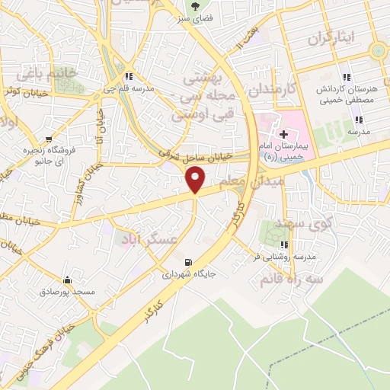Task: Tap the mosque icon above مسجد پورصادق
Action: pyautogui.click(x=68, y=280)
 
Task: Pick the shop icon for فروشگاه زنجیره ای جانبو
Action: pyautogui.click(x=50, y=139)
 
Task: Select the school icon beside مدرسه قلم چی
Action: pyautogui.click(x=129, y=76)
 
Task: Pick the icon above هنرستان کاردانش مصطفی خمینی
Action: pyautogui.click(x=347, y=77)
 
